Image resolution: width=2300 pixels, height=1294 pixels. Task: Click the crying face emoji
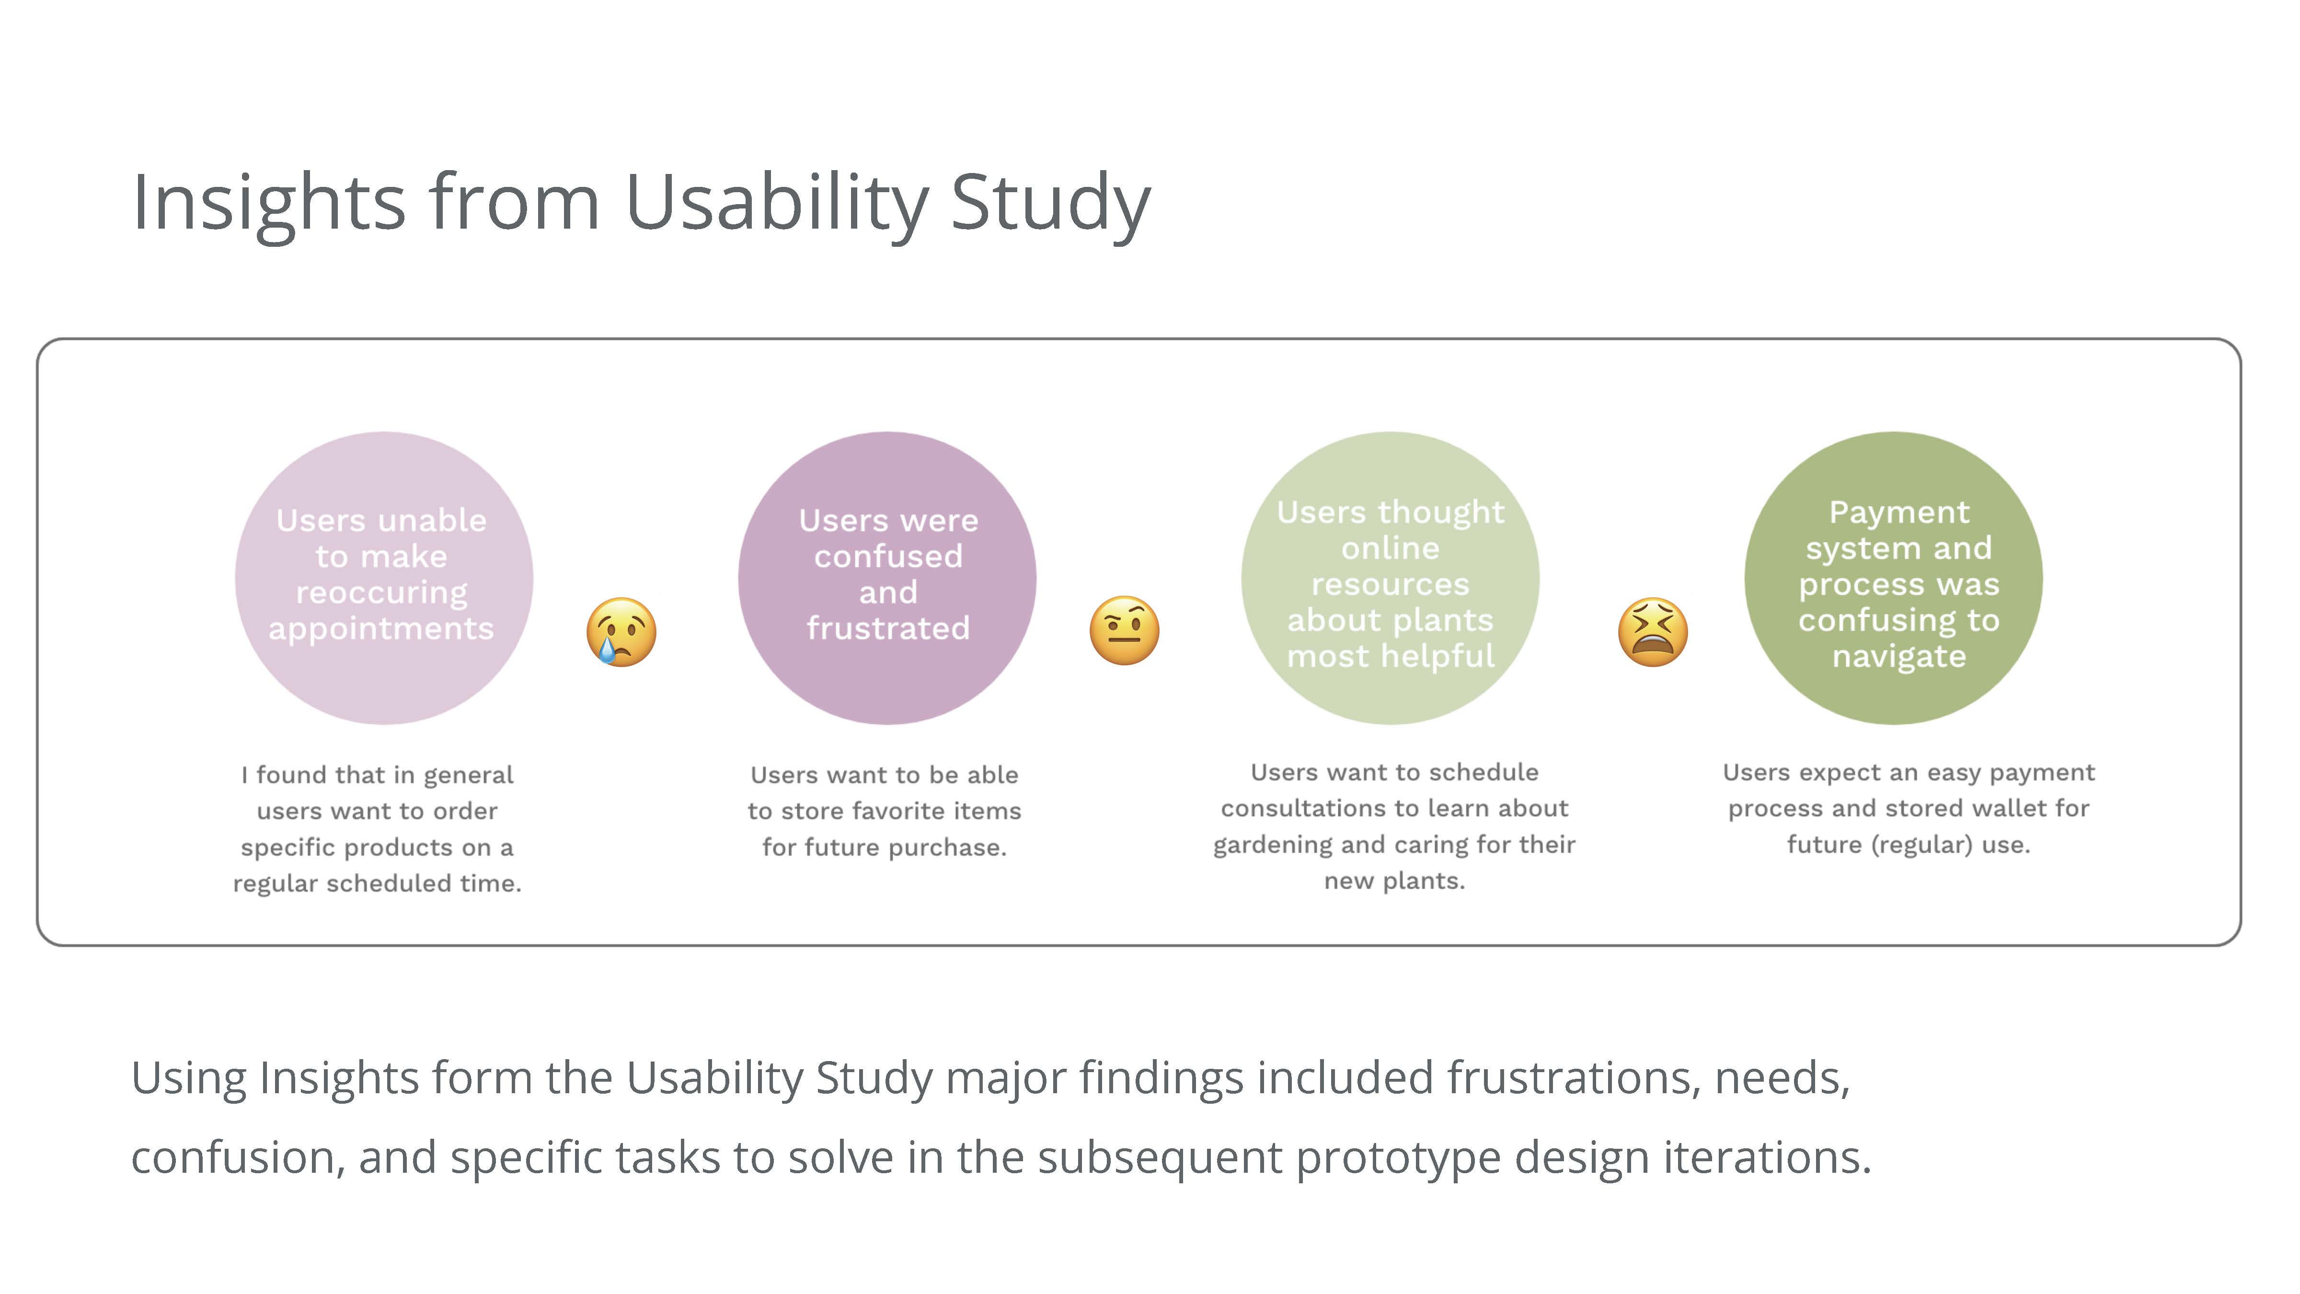tap(621, 631)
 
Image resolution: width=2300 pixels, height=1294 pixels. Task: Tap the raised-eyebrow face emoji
tap(1124, 631)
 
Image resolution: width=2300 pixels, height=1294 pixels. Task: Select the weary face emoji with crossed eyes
tap(1653, 631)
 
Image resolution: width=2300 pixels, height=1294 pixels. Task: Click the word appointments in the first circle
tap(381, 629)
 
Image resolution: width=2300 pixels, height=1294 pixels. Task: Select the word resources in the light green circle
tap(1390, 584)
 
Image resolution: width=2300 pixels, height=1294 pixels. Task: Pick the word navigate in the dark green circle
tap(1899, 657)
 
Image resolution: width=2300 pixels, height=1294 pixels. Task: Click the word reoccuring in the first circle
tap(381, 592)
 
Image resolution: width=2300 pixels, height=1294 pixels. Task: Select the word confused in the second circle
tap(888, 556)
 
